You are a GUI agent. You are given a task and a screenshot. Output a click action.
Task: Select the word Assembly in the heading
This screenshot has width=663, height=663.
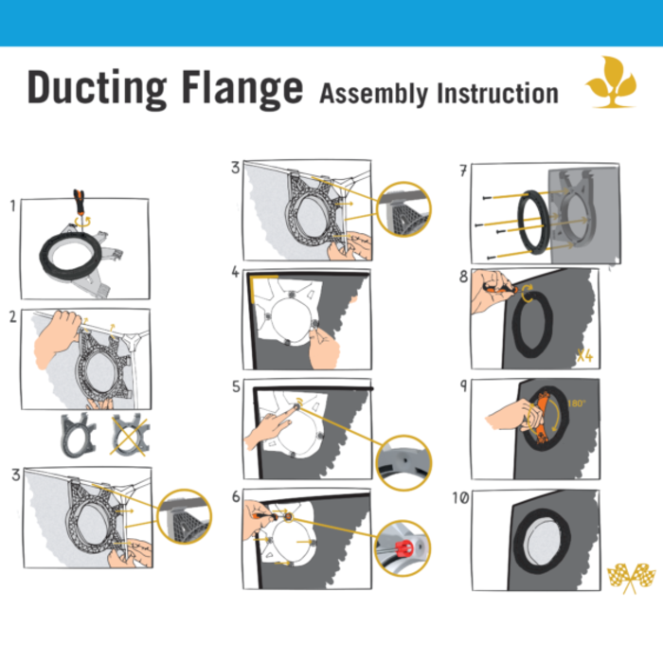tap(374, 93)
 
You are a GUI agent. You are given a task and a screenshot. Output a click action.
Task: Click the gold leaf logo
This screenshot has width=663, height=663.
tap(610, 81)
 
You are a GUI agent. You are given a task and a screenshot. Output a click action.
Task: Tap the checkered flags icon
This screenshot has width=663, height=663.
tap(630, 576)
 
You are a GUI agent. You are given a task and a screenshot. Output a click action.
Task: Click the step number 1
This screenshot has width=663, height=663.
tap(12, 205)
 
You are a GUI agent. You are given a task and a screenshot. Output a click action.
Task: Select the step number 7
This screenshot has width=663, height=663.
tap(462, 171)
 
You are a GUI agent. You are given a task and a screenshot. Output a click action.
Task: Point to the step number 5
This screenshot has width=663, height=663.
tap(235, 386)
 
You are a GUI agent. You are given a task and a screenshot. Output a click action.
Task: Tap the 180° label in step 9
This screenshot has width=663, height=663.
tap(576, 403)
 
